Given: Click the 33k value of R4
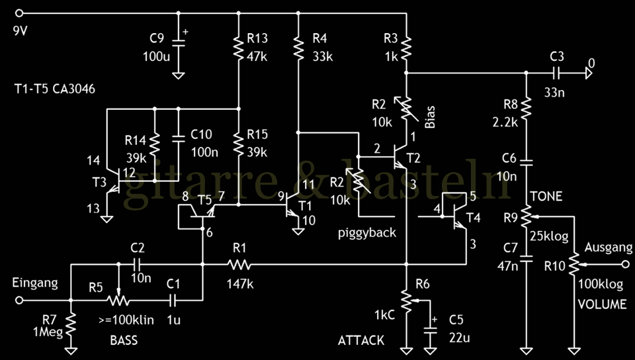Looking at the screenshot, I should (x=323, y=56).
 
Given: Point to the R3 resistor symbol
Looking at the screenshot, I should (x=405, y=46).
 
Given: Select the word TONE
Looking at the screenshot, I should (x=546, y=196).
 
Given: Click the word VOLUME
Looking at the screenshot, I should (x=602, y=305).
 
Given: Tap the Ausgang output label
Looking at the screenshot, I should (x=604, y=247).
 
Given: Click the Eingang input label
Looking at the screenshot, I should (x=35, y=283).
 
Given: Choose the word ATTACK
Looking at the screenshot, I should (x=360, y=340).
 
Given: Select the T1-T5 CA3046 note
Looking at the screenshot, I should (x=55, y=89).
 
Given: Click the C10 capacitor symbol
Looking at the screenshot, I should (x=178, y=139).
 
